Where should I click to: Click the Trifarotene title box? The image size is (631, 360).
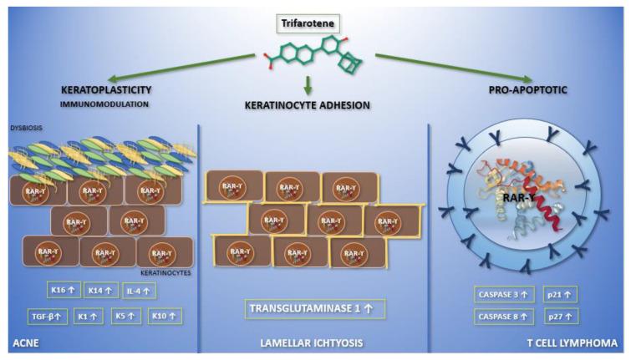[x=315, y=14]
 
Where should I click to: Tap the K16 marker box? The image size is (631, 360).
[x=64, y=292]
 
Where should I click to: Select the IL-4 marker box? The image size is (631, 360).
[x=140, y=292]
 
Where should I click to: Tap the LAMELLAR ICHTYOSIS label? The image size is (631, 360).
[x=313, y=342]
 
